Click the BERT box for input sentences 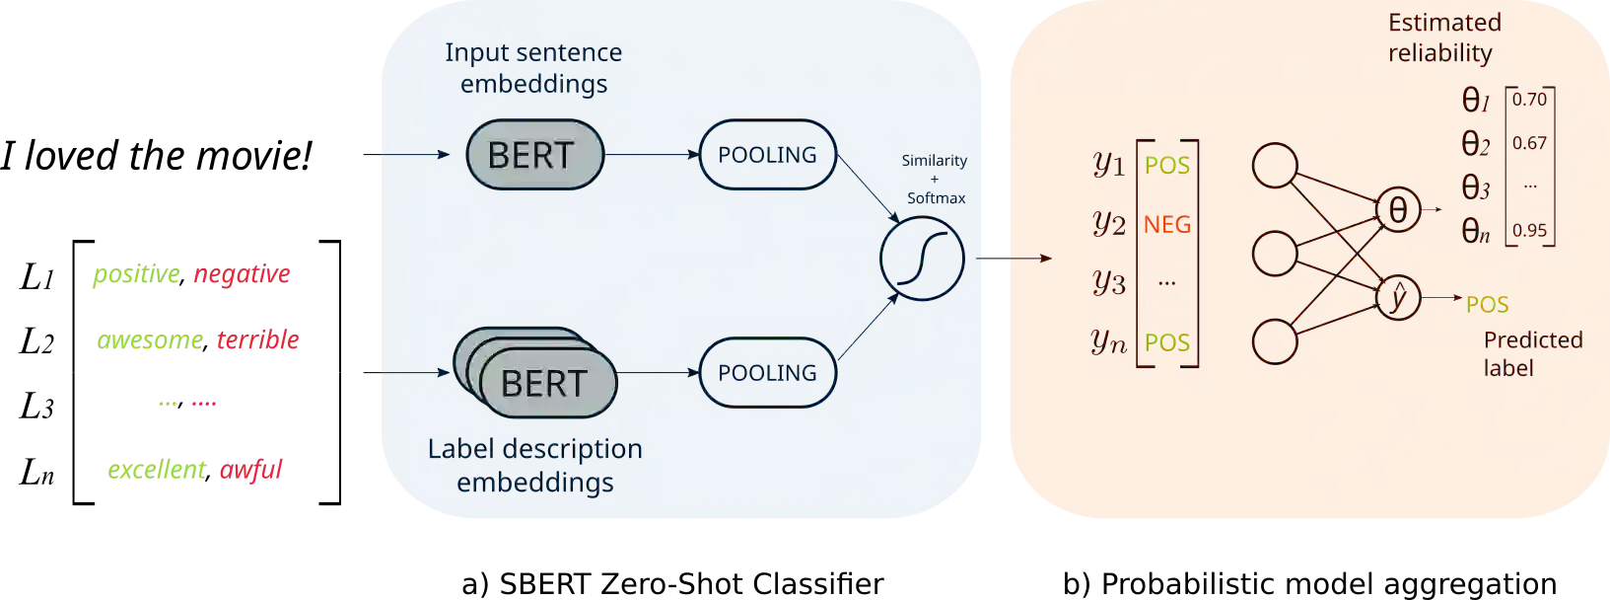(533, 155)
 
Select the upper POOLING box (767, 155)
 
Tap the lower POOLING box (767, 373)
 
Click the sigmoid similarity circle (922, 259)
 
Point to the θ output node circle (1398, 209)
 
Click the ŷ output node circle (1397, 297)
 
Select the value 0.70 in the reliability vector (1529, 100)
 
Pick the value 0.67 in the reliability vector (1529, 143)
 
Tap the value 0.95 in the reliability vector (1529, 230)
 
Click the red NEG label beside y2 (1167, 225)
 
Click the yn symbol (1109, 341)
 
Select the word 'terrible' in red (257, 340)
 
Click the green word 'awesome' (150, 341)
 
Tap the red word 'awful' (250, 471)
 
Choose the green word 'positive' (136, 275)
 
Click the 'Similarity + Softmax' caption (935, 179)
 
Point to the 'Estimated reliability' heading (1443, 37)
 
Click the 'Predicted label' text (1532, 353)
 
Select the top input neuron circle (1274, 166)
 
